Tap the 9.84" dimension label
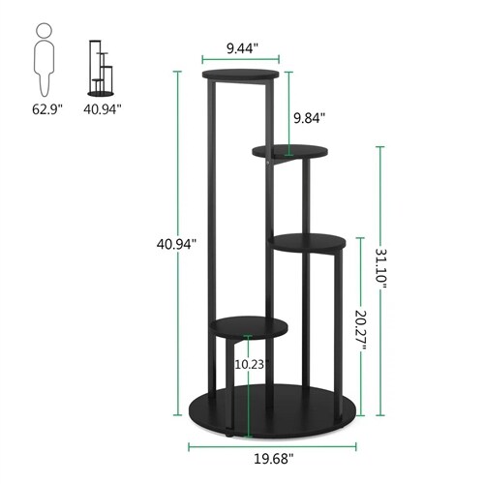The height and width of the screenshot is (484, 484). [x=309, y=117]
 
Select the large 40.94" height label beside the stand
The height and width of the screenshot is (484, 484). [x=174, y=243]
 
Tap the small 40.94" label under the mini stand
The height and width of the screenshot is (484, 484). [x=102, y=108]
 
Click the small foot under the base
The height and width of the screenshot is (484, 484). [x=226, y=436]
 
